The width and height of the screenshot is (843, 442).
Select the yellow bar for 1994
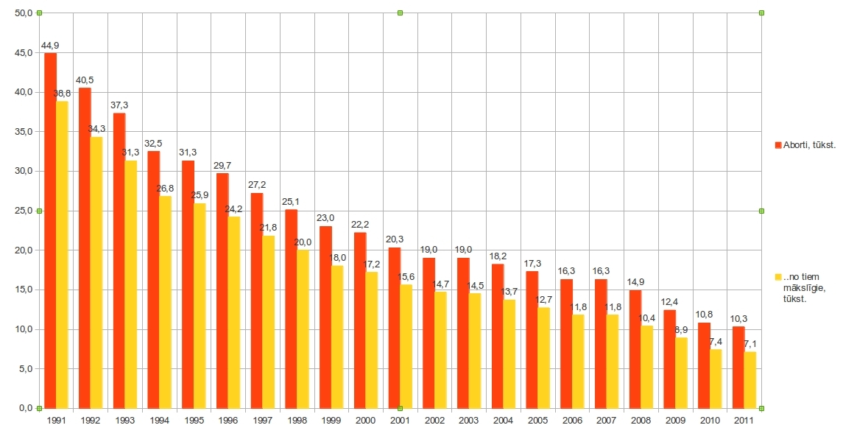click(x=165, y=301)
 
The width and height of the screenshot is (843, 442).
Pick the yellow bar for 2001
click(x=406, y=345)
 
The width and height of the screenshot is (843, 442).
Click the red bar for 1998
click(x=292, y=309)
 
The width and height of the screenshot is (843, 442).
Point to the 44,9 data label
click(x=50, y=46)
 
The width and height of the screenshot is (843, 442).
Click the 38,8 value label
click(x=62, y=94)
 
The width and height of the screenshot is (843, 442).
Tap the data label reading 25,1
click(x=292, y=203)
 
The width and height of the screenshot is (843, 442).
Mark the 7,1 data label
click(x=750, y=344)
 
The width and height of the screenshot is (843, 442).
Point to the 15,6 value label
click(x=406, y=277)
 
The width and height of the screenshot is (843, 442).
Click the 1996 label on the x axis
click(x=228, y=420)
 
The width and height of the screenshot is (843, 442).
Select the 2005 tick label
click(x=537, y=420)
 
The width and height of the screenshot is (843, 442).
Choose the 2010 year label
click(x=710, y=420)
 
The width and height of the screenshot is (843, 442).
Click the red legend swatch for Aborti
click(x=778, y=145)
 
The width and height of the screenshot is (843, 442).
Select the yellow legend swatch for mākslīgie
click(x=778, y=276)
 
